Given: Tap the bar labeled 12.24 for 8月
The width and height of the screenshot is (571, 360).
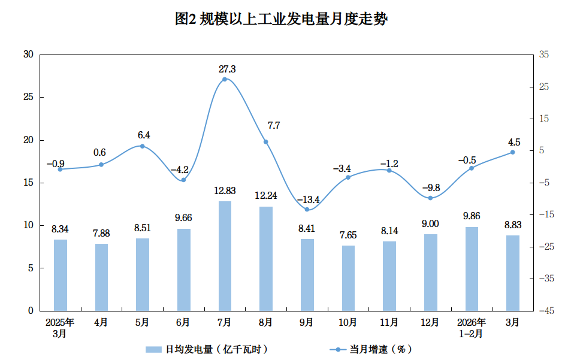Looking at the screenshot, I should pos(266,258).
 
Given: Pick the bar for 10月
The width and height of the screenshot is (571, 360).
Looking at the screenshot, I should pos(348,278).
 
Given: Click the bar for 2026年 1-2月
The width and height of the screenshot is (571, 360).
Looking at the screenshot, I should pos(472,268).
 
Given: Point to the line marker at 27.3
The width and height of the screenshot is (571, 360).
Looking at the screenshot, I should pos(225,79).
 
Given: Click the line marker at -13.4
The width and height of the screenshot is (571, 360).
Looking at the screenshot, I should pos(307,210).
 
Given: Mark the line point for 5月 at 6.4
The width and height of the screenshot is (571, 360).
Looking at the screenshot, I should pos(142,146).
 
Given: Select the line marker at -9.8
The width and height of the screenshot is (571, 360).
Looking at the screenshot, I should pos(430,198).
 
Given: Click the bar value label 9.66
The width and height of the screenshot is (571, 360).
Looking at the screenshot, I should pos(183,218).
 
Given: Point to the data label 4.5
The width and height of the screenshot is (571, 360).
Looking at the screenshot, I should pos(513,143).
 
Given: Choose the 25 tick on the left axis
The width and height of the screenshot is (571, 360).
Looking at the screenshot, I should pos(28,97).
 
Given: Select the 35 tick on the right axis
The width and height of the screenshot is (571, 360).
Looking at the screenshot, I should pos(544,55).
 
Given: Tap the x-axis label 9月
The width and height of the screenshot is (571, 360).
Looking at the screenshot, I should pos(307,322).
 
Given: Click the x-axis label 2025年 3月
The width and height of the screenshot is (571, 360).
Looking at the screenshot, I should pos(60,327).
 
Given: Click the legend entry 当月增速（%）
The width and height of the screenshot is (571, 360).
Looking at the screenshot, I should pos(372,349).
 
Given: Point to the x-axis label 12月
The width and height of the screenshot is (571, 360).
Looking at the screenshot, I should pos(430,322).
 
